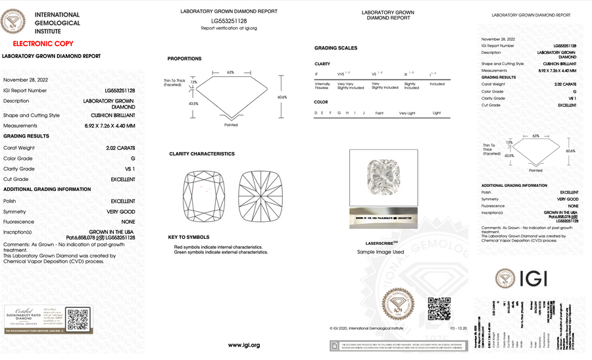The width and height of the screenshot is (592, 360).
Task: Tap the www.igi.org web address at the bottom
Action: [244, 345]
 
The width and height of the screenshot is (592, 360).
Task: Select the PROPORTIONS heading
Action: [184, 59]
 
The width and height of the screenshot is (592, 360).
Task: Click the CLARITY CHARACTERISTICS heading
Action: [201, 154]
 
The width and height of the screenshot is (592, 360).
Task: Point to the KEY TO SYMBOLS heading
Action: [189, 237]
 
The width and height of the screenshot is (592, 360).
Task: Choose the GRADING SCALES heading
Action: [335, 48]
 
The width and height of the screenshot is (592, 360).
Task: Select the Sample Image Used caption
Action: [380, 252]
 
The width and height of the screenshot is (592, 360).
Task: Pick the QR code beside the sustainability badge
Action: [77, 319]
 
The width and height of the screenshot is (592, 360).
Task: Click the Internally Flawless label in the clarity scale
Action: [323, 86]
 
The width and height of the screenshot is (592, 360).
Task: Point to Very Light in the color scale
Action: [408, 113]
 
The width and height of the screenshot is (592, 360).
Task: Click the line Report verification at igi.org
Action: [229, 28]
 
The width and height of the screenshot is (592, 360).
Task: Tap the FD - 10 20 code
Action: [458, 326]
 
